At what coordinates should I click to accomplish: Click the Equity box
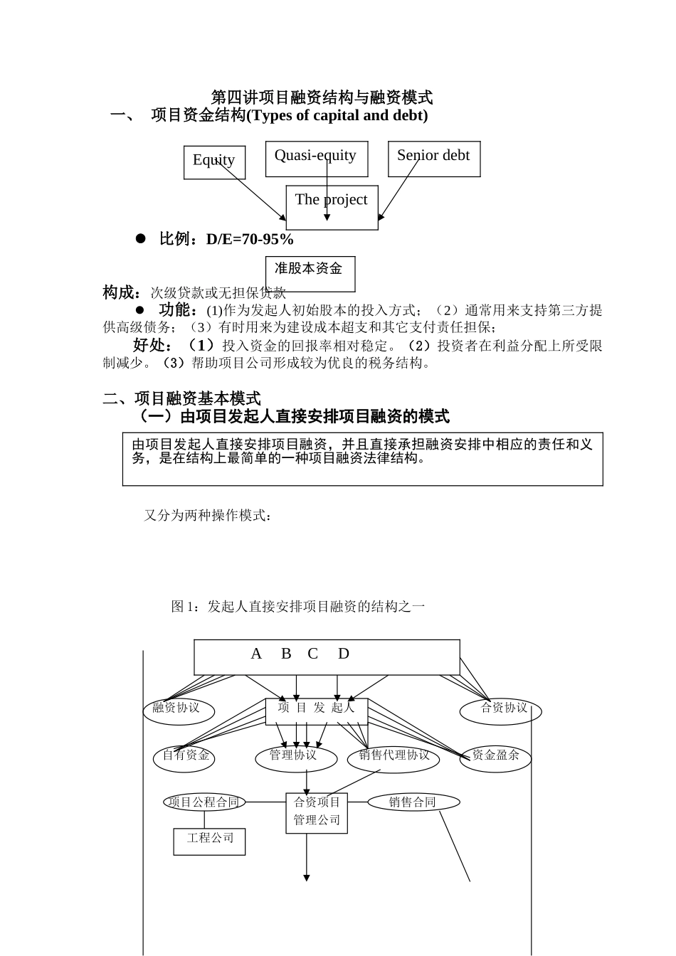(214, 162)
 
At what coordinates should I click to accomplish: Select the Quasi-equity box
(316, 159)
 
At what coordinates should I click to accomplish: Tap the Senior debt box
(433, 159)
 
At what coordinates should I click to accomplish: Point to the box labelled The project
(332, 207)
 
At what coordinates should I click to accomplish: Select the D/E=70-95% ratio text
(250, 240)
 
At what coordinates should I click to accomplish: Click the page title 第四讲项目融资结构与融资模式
(322, 97)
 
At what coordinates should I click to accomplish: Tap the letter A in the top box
(257, 654)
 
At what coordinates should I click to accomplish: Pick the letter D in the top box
(344, 654)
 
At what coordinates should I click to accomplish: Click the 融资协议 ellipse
(176, 708)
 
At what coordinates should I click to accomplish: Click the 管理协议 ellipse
(293, 755)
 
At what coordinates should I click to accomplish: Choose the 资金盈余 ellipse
(496, 756)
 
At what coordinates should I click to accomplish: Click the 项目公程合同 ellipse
(204, 802)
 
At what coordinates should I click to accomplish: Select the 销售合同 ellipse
(413, 802)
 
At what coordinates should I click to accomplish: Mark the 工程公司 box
(210, 840)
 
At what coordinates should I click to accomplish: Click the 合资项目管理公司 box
(317, 812)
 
